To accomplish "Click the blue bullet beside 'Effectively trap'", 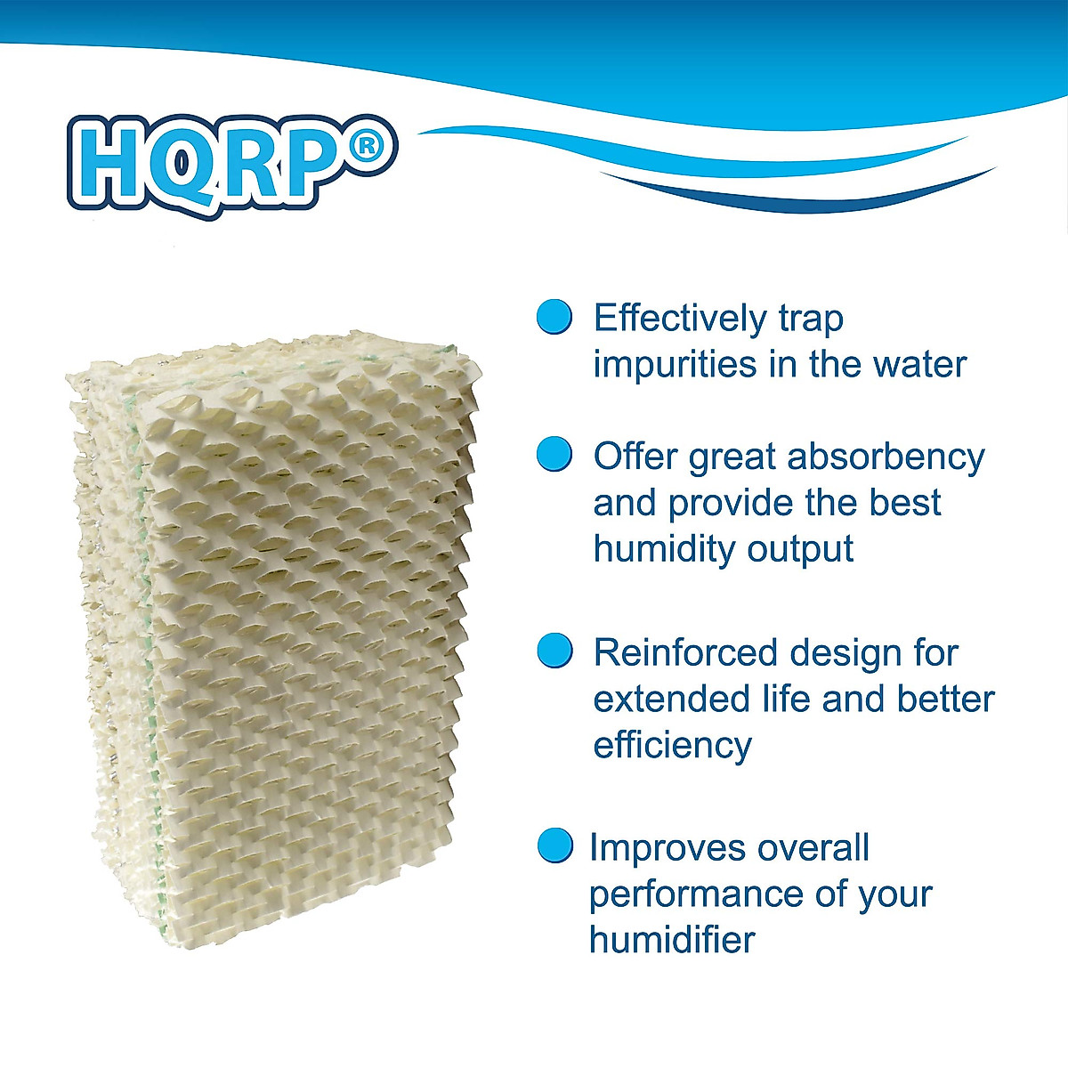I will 554,317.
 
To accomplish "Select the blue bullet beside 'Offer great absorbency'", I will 554,455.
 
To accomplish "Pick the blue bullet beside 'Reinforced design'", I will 554,651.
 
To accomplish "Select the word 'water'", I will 920,365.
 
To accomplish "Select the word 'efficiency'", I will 672,745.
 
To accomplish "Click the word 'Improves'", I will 666,849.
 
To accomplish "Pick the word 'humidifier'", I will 672,940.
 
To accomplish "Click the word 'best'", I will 904,503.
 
